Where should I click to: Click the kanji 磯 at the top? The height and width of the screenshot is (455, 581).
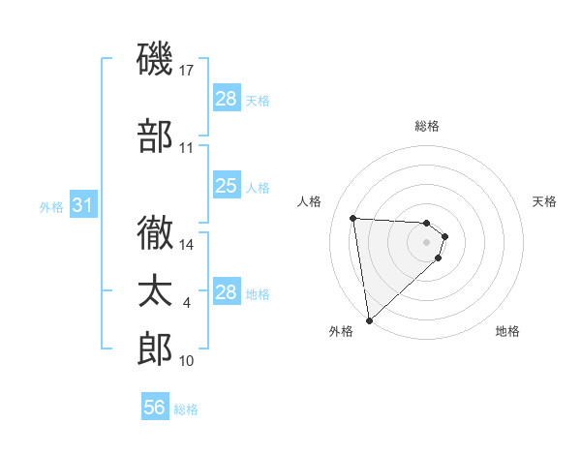click(155, 60)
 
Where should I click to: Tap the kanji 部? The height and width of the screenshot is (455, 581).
click(155, 136)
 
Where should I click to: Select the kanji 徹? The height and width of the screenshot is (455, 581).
click(155, 232)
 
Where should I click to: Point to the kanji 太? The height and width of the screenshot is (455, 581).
click(155, 291)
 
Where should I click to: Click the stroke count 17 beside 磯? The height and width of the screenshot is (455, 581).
click(188, 71)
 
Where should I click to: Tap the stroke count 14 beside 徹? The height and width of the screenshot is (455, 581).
click(188, 244)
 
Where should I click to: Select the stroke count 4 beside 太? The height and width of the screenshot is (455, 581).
click(187, 303)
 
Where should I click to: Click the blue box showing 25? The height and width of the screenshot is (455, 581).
click(226, 186)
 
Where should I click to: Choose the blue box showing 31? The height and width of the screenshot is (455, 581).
click(82, 206)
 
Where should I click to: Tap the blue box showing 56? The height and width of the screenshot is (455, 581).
click(154, 408)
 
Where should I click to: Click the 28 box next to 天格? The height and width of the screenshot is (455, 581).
click(226, 99)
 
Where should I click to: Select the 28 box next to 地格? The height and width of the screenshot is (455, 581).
click(226, 292)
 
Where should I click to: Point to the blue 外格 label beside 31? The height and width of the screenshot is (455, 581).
click(51, 207)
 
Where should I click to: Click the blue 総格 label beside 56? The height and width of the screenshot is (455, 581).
click(187, 409)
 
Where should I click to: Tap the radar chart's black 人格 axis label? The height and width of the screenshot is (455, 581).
click(309, 201)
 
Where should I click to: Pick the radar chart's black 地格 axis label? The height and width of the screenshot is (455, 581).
click(507, 331)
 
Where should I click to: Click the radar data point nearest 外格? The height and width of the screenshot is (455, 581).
click(368, 319)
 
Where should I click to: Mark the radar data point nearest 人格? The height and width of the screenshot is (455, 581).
click(353, 218)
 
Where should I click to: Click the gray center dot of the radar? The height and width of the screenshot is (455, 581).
click(426, 242)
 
